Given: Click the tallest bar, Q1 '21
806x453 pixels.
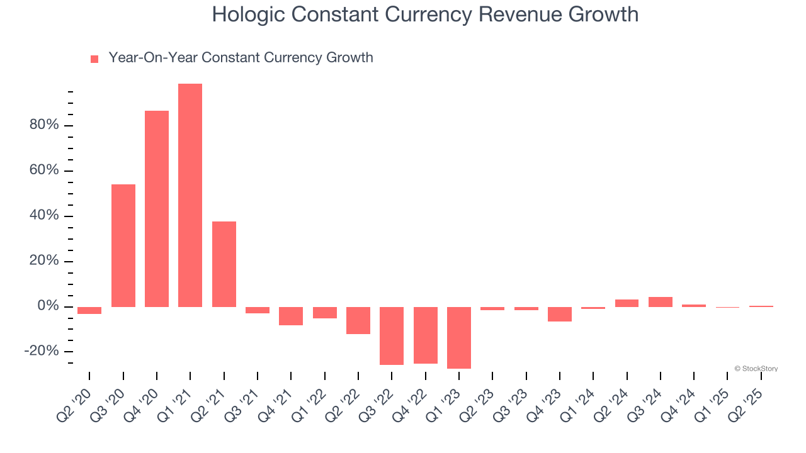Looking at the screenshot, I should [190, 195].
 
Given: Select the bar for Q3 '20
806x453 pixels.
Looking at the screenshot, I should [123, 245].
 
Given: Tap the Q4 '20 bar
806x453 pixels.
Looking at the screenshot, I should [157, 209].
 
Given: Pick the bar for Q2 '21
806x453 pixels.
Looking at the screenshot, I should [224, 264].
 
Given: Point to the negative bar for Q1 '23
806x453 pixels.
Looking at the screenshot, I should [459, 338].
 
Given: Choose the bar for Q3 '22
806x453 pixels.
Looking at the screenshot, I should [392, 336].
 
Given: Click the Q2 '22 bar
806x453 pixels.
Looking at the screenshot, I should [358, 320].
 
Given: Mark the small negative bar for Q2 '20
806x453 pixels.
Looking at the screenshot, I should [89, 310].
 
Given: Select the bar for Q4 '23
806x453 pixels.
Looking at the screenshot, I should [560, 315].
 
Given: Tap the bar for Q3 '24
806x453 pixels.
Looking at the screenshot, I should [661, 302].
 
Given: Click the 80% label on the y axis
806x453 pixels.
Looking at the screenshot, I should [44, 125].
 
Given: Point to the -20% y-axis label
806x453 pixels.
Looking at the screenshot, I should [42, 351].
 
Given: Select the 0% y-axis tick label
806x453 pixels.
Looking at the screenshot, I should [48, 306].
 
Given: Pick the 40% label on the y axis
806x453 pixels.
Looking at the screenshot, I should [44, 216].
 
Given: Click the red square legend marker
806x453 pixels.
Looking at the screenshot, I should [94, 59].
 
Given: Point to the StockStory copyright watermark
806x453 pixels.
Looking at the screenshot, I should [756, 369].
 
